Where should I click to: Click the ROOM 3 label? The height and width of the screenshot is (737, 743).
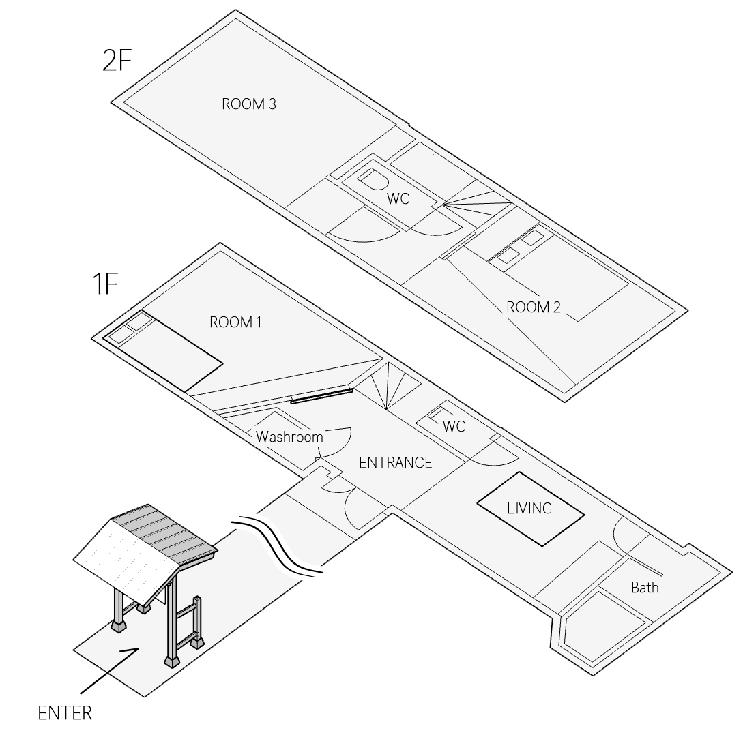click(248, 104)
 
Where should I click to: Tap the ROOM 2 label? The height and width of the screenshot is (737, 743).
click(533, 307)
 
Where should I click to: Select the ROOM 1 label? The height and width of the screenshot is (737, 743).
click(235, 322)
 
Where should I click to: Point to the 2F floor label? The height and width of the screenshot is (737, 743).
click(117, 60)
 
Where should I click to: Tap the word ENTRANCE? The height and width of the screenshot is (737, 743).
click(395, 463)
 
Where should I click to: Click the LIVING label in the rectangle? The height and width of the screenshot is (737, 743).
click(529, 509)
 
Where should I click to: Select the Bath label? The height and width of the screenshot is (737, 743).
click(644, 587)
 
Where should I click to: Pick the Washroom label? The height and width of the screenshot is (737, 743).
click(289, 437)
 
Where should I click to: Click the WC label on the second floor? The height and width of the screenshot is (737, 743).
click(398, 199)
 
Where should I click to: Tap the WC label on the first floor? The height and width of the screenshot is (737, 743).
click(454, 427)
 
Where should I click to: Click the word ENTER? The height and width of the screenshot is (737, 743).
click(65, 714)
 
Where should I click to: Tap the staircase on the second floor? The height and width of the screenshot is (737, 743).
click(478, 202)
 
